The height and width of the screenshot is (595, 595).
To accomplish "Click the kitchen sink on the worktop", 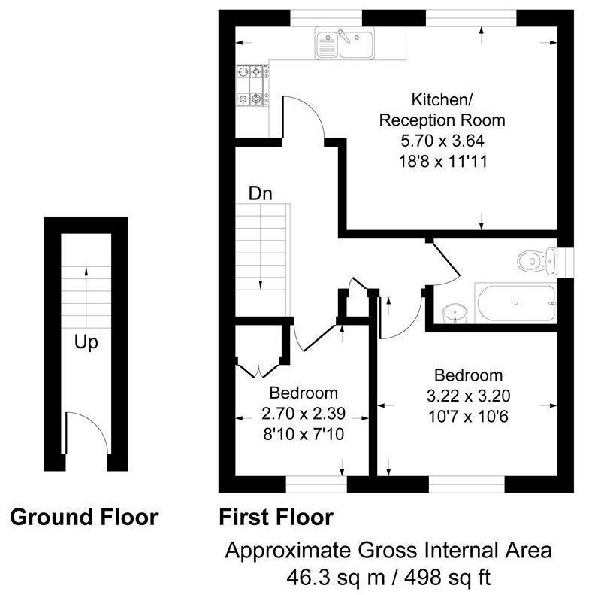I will [x=345, y=43].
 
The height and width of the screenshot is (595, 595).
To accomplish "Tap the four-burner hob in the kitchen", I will [x=252, y=85].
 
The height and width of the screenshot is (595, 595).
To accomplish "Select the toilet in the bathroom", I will [x=535, y=261].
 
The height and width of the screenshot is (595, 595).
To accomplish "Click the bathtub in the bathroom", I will [x=515, y=303].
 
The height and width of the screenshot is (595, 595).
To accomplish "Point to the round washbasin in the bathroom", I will [x=455, y=311].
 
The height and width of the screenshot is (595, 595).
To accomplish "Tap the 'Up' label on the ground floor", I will [x=86, y=343].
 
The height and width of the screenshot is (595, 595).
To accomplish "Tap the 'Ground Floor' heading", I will [x=83, y=518].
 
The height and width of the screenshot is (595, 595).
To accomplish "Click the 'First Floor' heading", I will [x=276, y=518].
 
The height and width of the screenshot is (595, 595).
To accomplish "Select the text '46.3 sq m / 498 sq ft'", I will [x=388, y=578].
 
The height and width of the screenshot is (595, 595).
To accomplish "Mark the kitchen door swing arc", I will [x=308, y=120].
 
